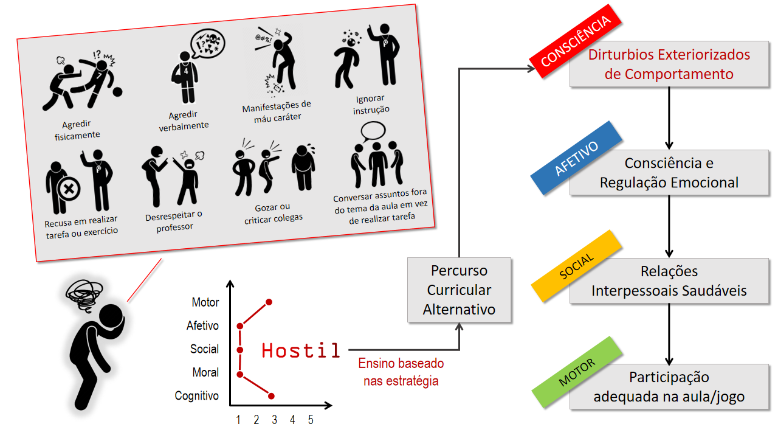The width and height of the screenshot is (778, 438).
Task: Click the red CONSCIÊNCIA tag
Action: coord(575,41)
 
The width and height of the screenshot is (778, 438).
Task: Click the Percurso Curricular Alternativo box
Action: coord(459,290)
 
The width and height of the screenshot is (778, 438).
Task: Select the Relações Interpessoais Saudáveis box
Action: coord(669,281)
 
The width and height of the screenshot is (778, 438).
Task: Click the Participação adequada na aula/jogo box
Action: coord(669,387)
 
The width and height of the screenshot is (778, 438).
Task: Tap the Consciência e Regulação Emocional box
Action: coord(669,173)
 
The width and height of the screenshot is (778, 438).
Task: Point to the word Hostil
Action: coord(301,350)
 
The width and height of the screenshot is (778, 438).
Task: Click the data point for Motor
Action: coord(269,302)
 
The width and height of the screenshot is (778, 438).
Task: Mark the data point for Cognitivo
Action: coord(271,397)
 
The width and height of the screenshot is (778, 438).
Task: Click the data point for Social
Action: coord(240,350)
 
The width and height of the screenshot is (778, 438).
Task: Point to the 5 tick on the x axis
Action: coord(311,420)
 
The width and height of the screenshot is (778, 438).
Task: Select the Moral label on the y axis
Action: coord(205,372)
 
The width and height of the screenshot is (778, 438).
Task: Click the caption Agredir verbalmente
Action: coord(184,120)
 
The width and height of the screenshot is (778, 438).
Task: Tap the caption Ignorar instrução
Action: coord(371,104)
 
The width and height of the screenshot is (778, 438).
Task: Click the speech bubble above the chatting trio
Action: coord(373,130)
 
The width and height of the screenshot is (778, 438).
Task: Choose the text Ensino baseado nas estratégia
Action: coord(401,372)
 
